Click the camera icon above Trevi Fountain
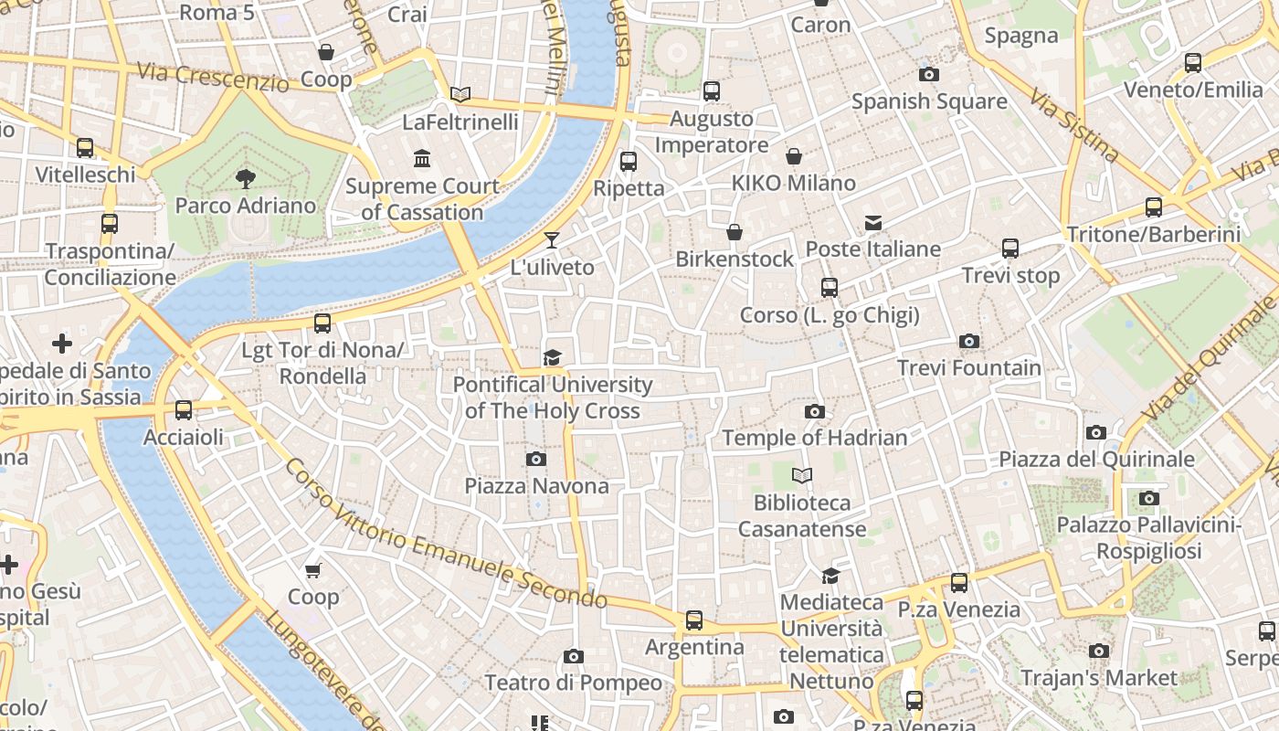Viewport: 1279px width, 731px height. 969,342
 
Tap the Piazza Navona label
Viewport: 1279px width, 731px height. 536,485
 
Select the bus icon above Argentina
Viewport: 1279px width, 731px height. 694,620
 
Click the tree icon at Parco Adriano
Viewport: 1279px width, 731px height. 245,178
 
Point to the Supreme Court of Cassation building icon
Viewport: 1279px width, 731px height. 422,159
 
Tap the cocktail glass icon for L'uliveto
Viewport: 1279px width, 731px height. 552,240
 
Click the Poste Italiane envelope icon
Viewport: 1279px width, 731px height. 873,223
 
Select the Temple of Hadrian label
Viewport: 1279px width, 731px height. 815,438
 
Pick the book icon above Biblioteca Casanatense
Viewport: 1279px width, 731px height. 802,476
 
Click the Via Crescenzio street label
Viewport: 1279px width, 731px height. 212,77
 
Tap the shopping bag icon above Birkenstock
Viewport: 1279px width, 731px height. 735,232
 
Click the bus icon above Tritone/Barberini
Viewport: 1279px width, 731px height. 1154,207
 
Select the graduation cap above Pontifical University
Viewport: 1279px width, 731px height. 553,357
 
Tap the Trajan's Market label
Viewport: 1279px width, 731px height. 1099,678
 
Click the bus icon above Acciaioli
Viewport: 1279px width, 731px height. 184,410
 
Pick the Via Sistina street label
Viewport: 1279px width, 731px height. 1074,125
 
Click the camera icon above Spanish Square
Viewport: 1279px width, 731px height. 929,74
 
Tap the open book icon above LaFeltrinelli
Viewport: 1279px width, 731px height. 460,94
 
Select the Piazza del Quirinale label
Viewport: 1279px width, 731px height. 1096,459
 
